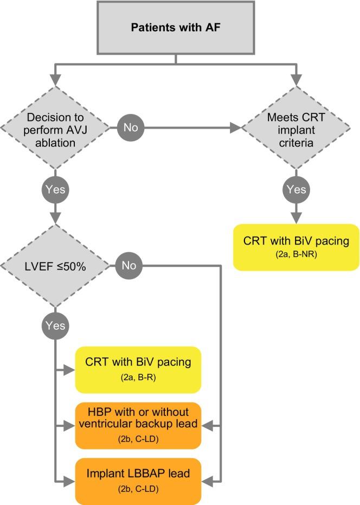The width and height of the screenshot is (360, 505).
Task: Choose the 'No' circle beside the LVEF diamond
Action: pyautogui.click(x=128, y=266)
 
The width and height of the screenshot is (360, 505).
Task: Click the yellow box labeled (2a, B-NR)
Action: pyautogui.click(x=296, y=247)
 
